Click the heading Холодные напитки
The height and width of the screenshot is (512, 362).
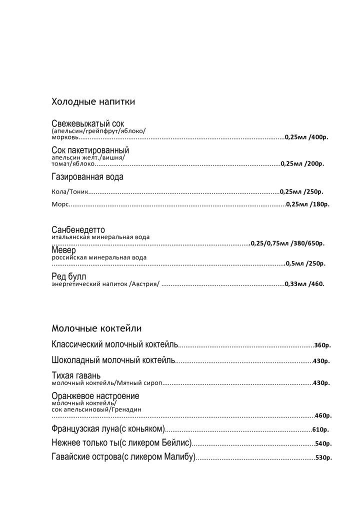[x=93, y=102]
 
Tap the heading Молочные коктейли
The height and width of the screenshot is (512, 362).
[x=96, y=328]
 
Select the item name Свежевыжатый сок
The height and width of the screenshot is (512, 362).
[x=87, y=123]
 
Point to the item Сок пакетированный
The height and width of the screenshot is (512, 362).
[x=90, y=150]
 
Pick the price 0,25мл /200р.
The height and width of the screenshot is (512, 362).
[x=302, y=163]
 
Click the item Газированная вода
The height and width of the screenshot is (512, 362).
[x=87, y=176]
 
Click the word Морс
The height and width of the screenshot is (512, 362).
[x=59, y=204]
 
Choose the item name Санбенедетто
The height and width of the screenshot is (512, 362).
[x=78, y=229]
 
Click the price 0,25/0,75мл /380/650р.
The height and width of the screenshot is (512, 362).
[x=287, y=243]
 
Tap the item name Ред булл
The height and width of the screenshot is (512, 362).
[x=69, y=276]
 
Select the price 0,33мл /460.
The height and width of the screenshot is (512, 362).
[x=304, y=284]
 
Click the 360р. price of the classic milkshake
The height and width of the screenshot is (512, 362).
[x=323, y=345]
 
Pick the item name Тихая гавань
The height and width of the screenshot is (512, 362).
[x=76, y=375]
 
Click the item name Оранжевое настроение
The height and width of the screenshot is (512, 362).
[x=95, y=396]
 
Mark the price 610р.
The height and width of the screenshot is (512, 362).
[x=320, y=429]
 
